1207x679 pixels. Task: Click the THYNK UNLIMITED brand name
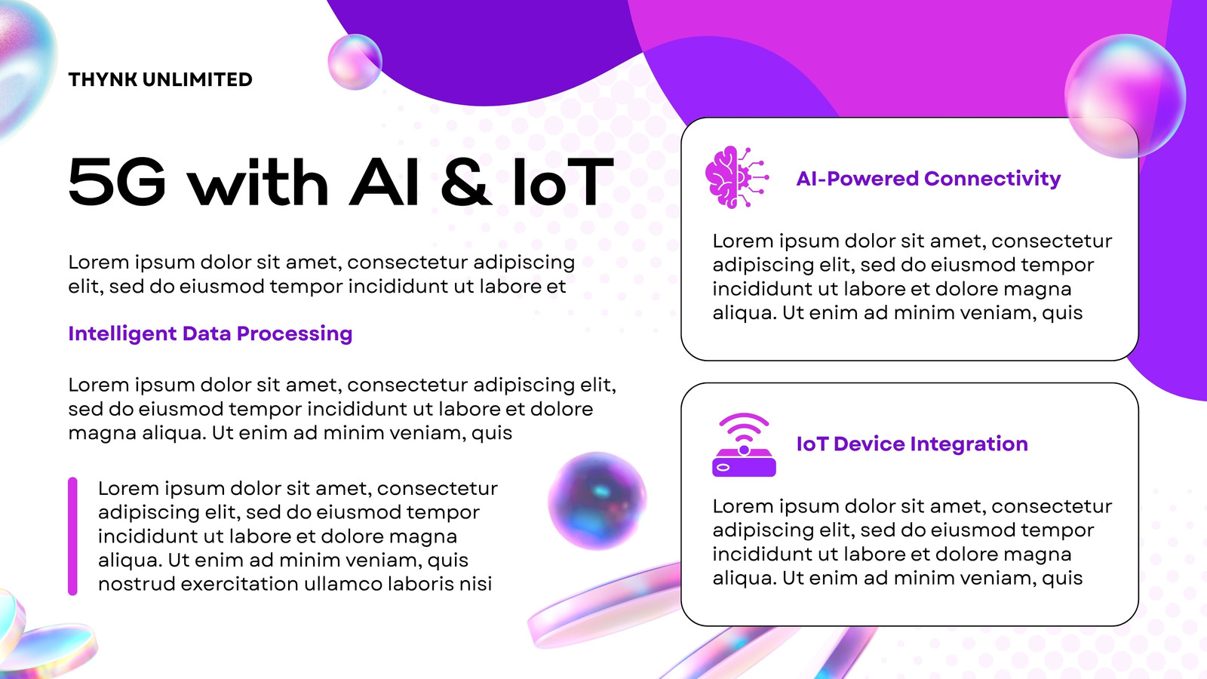click(160, 80)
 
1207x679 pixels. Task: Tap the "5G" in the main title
click(117, 182)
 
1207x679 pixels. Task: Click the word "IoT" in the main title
click(563, 182)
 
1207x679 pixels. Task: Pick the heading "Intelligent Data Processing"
click(210, 334)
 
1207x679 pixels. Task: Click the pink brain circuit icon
click(736, 177)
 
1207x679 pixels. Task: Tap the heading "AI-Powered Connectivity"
click(928, 178)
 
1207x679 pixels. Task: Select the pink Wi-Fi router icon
click(744, 445)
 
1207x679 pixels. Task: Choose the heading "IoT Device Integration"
click(912, 444)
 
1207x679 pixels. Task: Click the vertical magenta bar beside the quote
click(72, 536)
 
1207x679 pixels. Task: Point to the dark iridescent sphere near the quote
click(597, 501)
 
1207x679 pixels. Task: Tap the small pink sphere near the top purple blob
click(355, 62)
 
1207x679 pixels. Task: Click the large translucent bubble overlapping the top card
click(1125, 96)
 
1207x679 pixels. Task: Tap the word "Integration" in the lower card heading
click(969, 444)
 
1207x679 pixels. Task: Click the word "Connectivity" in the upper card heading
click(992, 178)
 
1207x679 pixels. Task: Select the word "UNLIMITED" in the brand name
click(197, 80)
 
